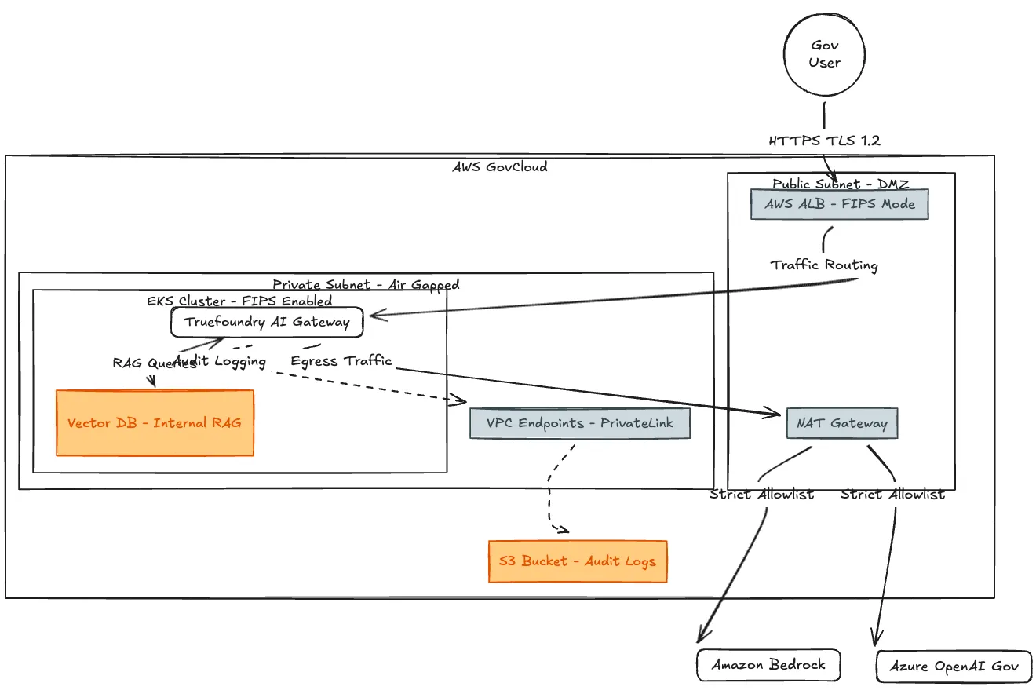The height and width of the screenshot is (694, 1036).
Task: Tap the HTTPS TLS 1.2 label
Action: point(824,141)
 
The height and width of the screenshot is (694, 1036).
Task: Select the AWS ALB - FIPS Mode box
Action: point(840,204)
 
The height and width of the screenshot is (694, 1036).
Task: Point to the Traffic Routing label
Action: point(824,265)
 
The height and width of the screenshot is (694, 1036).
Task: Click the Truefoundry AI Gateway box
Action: point(267,322)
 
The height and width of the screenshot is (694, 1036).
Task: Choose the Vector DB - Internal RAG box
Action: point(155,423)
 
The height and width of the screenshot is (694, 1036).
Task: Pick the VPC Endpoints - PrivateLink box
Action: point(580,423)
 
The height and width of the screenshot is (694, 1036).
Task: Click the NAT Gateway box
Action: point(842,423)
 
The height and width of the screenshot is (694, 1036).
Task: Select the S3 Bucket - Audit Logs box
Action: point(578,561)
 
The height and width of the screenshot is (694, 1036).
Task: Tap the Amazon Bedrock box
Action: point(768,665)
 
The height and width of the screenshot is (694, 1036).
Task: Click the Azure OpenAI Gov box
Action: point(954,667)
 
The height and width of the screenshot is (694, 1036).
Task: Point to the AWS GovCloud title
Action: point(500,166)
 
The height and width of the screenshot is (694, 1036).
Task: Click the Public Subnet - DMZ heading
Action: point(841,184)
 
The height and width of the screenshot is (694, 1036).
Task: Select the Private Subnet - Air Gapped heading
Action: point(366,284)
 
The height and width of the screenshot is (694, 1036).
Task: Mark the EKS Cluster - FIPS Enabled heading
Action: point(239,301)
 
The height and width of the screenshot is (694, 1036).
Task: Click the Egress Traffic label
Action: point(341,361)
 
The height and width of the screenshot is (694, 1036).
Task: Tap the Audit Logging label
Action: point(220,361)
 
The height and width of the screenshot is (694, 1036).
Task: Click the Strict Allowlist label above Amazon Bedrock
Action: point(762,495)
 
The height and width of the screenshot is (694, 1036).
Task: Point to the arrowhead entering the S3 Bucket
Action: point(564,530)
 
